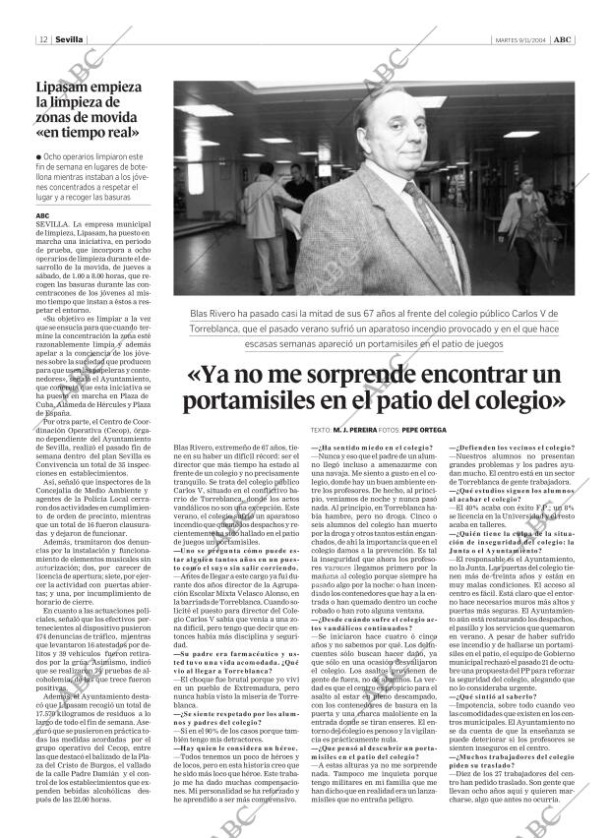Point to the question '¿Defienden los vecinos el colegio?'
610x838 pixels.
[x=512, y=448]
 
